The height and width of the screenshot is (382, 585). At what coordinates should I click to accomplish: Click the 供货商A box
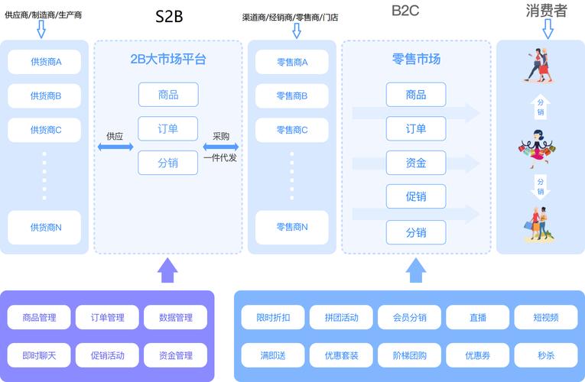point(45,62)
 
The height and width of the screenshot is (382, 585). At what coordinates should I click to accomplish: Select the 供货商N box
point(45,227)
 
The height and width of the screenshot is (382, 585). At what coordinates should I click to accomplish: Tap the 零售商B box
point(291,96)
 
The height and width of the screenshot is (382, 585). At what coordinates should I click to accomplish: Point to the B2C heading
point(405,11)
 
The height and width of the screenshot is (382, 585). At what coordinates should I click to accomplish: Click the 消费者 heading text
point(547,11)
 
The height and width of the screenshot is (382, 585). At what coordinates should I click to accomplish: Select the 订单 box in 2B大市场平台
point(167,128)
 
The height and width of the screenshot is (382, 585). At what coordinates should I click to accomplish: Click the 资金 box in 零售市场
point(416,163)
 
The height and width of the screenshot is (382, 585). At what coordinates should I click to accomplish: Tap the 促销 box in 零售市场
point(416,197)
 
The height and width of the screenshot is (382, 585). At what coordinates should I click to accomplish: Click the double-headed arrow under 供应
point(115,147)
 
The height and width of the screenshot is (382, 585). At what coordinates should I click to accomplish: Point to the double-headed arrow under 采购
point(221,147)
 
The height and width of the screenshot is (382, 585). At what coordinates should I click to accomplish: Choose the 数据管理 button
point(175,317)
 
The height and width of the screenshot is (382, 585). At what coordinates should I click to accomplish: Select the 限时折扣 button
point(273,317)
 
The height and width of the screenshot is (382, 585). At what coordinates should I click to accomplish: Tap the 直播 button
point(477,317)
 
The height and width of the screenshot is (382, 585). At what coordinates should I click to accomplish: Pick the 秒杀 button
point(545,355)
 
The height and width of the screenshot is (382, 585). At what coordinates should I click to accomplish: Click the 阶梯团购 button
point(409,355)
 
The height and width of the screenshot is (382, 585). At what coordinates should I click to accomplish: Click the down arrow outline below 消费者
point(548,29)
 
